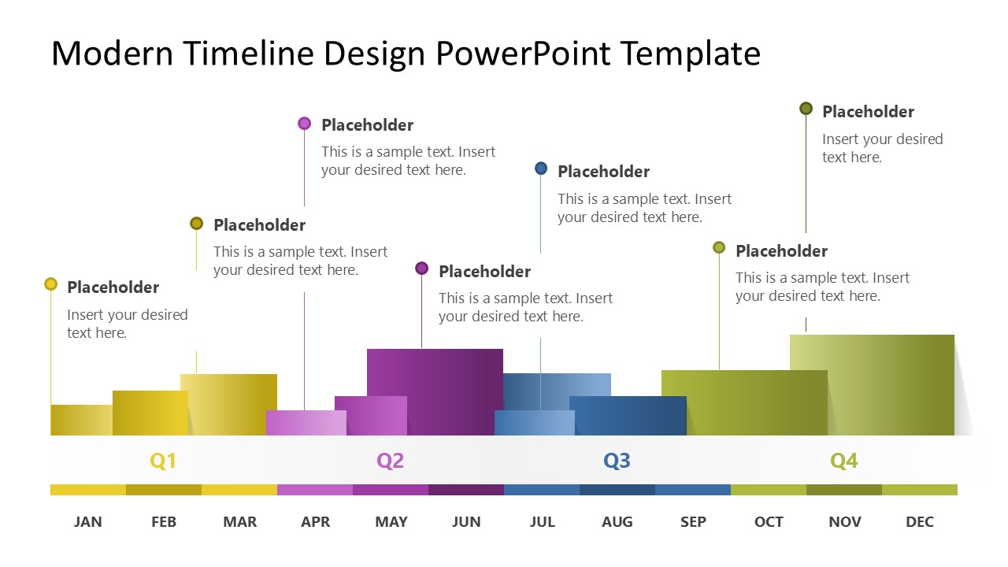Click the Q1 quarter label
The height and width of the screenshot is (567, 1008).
(x=163, y=461)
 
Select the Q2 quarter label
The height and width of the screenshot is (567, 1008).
(x=390, y=461)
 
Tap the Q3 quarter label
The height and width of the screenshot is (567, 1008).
(x=617, y=461)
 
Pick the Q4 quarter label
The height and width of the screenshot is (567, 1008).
(x=843, y=461)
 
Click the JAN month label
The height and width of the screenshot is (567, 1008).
(x=88, y=521)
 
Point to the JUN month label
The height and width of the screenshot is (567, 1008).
(x=466, y=521)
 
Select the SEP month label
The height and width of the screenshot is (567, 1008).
(x=693, y=521)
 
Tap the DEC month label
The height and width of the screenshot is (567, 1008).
(x=920, y=521)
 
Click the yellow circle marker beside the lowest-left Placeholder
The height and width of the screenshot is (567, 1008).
(x=51, y=284)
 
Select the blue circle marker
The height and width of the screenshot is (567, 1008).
(x=541, y=169)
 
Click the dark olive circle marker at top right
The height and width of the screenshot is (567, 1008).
(x=806, y=109)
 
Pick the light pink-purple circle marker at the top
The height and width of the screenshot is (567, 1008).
(x=305, y=123)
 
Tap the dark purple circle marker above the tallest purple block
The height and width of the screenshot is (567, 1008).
(x=421, y=269)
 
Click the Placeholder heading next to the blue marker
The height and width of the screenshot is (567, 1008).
(x=603, y=172)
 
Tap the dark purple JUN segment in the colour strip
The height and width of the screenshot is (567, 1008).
(x=466, y=490)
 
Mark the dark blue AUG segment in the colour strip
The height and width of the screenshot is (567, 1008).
(x=617, y=490)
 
